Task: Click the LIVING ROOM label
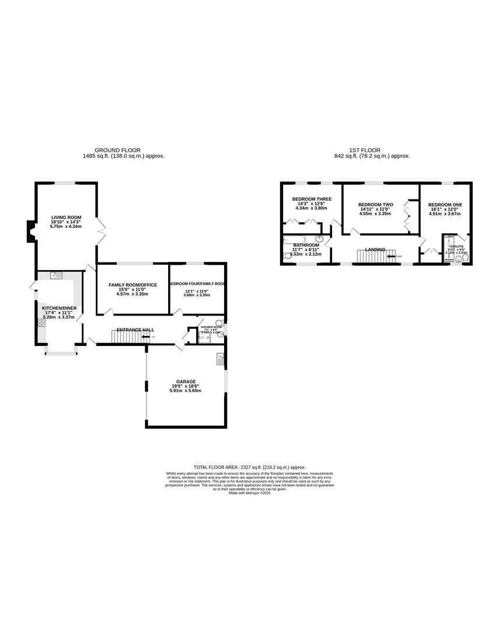pos(65,217)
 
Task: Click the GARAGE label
pos(186,381)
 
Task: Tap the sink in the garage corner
pos(220,358)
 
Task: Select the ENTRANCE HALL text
pos(135,330)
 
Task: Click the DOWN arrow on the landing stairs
pos(390,256)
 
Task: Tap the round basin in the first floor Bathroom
pos(319,239)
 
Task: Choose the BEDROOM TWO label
pos(375,205)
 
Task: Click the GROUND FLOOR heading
pos(117,150)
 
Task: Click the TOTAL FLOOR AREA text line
pos(249,467)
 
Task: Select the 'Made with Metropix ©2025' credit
pos(249,493)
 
